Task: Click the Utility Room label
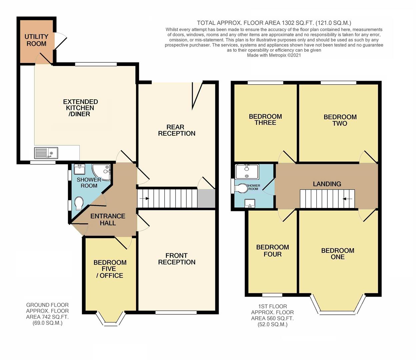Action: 36,40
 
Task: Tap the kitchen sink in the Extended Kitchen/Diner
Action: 46,153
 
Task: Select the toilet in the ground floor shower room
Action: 79,203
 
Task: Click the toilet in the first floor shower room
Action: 241,189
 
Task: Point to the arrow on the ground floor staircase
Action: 144,198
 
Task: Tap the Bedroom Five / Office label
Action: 110,269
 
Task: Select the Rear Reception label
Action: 176,130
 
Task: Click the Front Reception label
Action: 176,259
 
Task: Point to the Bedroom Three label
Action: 265,119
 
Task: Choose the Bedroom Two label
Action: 340,120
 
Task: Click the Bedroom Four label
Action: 273,251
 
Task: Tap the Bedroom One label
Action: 337,254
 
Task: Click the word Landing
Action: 327,184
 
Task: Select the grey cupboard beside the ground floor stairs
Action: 206,199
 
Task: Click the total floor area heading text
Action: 274,23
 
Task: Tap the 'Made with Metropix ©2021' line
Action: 274,55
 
